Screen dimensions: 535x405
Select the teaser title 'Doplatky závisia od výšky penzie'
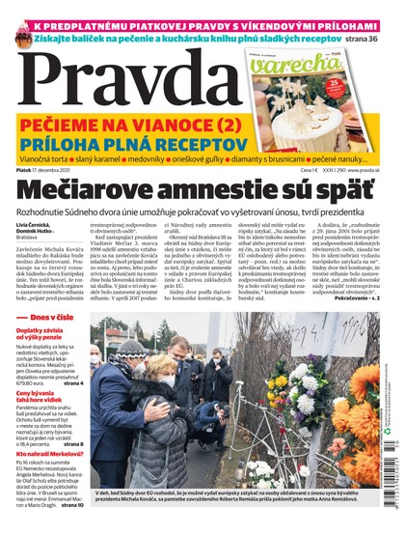pyautogui.click(x=43, y=362)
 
